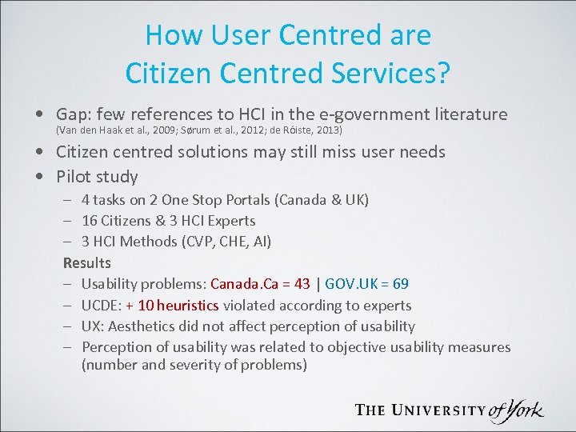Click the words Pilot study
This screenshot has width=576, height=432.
point(97,177)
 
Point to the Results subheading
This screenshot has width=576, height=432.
point(87,262)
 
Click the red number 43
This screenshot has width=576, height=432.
point(302,284)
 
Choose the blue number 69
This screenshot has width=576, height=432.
point(401,284)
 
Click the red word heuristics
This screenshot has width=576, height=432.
point(187,305)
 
